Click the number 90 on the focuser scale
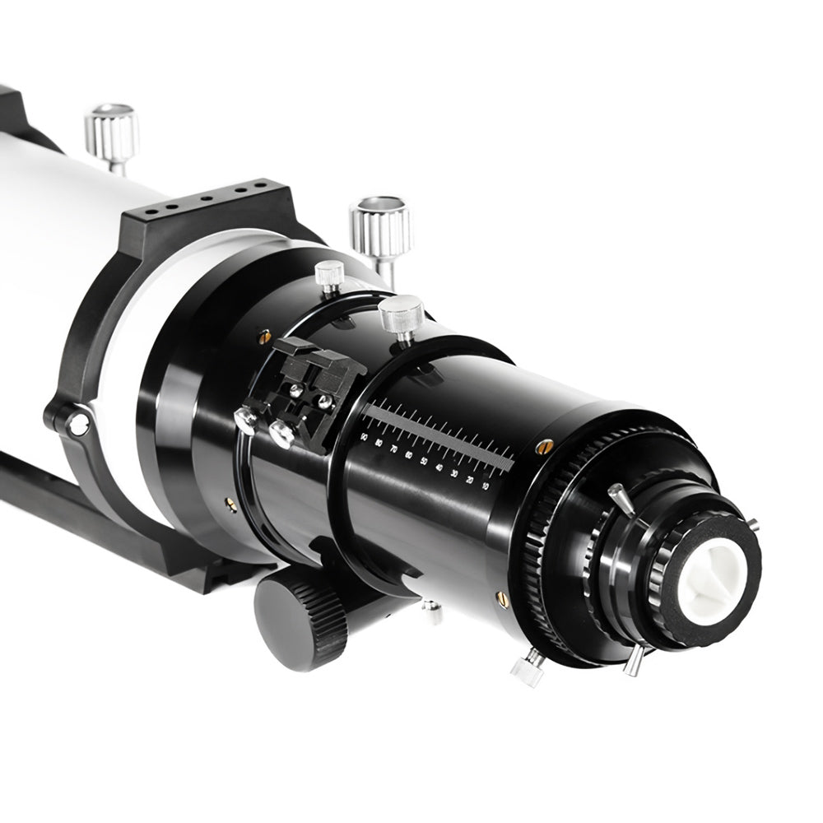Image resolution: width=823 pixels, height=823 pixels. pos(365,436)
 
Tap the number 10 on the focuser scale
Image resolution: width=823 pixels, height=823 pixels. pos(486,486)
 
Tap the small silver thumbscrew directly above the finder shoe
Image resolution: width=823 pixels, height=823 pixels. pos(328,273)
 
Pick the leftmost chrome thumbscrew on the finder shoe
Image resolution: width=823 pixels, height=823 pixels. pos(246,420)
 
